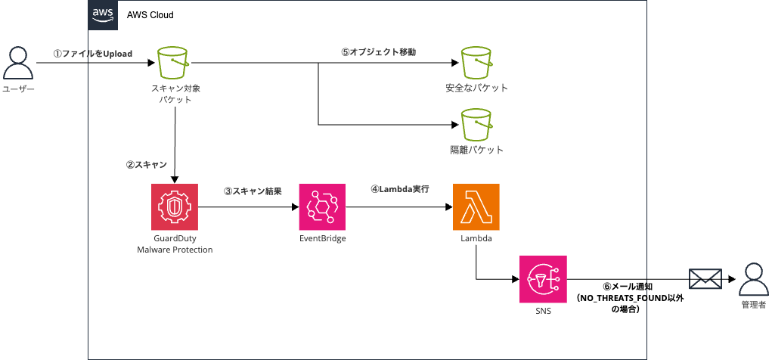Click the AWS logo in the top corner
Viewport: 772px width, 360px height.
click(x=102, y=14)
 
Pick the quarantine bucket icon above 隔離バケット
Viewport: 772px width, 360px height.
click(x=476, y=125)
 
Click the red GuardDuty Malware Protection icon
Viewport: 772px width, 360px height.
click(x=175, y=206)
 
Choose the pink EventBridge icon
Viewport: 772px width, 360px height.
click(x=323, y=206)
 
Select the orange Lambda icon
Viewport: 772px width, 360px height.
click(x=476, y=206)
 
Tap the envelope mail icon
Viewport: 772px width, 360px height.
click(x=705, y=278)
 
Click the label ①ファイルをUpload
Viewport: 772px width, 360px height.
click(x=92, y=54)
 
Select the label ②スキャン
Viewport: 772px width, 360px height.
click(x=146, y=164)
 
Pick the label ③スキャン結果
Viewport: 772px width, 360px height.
click(x=253, y=191)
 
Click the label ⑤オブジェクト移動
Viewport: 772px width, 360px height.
click(x=378, y=52)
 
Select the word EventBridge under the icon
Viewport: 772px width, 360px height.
click(x=323, y=239)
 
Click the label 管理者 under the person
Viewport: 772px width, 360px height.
click(x=752, y=305)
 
